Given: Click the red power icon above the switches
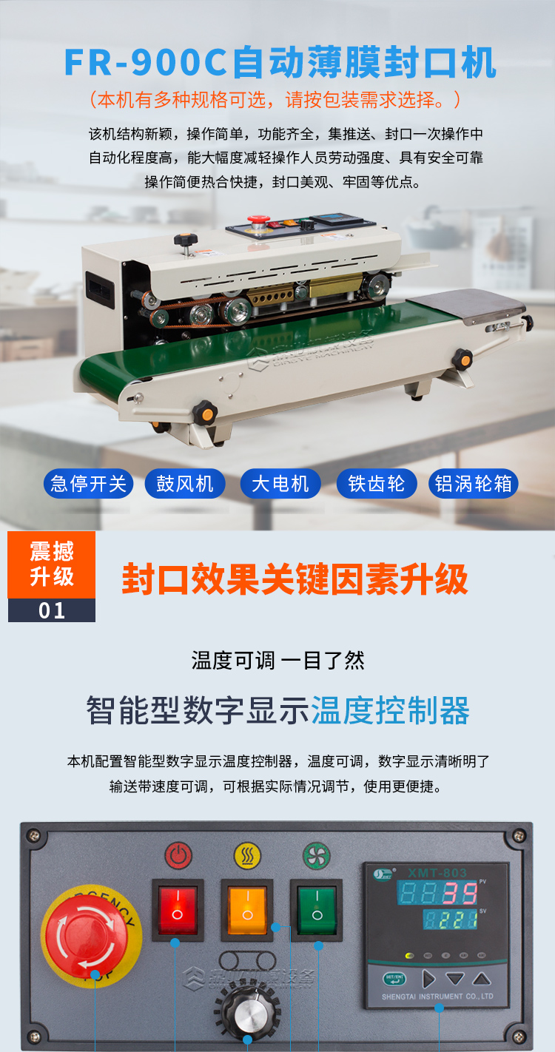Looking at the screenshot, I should point(177,857).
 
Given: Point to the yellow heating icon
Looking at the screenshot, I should point(246,856).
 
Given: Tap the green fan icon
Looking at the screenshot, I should point(316,856).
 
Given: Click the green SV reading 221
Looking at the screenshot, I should point(460,921).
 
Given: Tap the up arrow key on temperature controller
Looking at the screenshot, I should point(482,979).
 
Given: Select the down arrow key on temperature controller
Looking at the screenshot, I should point(454,979).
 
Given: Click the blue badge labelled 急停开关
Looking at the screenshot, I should point(88,484).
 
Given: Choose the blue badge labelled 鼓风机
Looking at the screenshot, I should point(185,484).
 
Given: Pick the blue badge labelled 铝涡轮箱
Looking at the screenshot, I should point(474,484).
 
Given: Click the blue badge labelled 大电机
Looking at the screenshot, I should point(280,484).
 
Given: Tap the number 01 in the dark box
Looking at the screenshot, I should point(52,611).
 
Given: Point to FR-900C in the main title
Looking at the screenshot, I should point(145,64).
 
